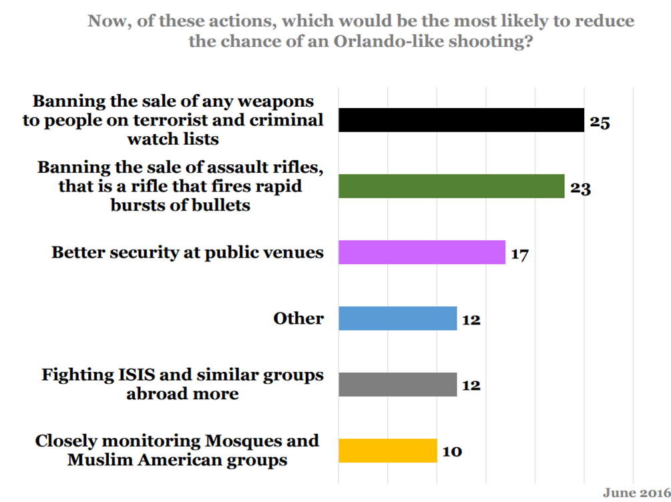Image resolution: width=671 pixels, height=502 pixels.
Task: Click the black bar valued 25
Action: pyautogui.click(x=461, y=120)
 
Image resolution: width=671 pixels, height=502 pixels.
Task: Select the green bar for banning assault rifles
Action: pyautogui.click(x=451, y=186)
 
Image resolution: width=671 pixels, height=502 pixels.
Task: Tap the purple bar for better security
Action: pyautogui.click(x=421, y=252)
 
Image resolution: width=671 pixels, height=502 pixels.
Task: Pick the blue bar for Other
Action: pyautogui.click(x=397, y=318)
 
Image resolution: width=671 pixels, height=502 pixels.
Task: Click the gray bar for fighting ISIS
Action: pyautogui.click(x=397, y=385)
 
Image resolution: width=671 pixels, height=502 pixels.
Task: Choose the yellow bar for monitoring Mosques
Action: pyautogui.click(x=387, y=451)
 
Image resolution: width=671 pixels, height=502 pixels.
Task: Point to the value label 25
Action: pyautogui.click(x=600, y=123)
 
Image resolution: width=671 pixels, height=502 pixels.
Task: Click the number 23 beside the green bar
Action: pyautogui.click(x=580, y=188)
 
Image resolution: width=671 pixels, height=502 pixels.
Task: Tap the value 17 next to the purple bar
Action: pyautogui.click(x=519, y=254)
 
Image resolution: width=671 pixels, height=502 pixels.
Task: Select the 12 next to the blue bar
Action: pyautogui.click(x=471, y=320)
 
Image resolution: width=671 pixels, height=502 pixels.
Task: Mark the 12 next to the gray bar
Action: pyautogui.click(x=471, y=387)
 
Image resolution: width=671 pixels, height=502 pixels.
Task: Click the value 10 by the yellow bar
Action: pyautogui.click(x=451, y=452)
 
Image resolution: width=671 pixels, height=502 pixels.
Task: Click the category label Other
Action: pyautogui.click(x=298, y=318)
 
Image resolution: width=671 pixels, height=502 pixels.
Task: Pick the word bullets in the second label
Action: pyautogui.click(x=218, y=204)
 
